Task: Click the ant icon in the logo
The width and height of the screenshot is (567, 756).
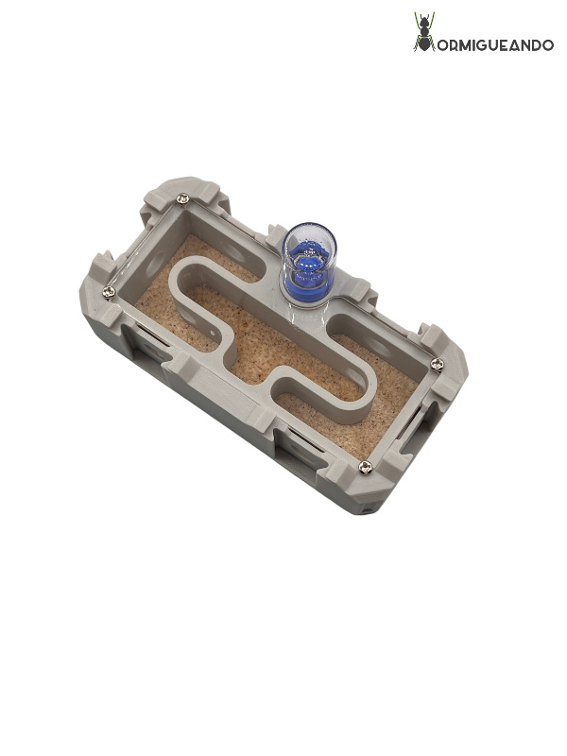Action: (424, 31)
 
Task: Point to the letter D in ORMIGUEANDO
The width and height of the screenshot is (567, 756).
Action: (533, 45)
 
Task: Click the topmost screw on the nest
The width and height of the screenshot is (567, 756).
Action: (182, 198)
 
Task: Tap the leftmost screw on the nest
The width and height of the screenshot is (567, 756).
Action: (109, 291)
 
